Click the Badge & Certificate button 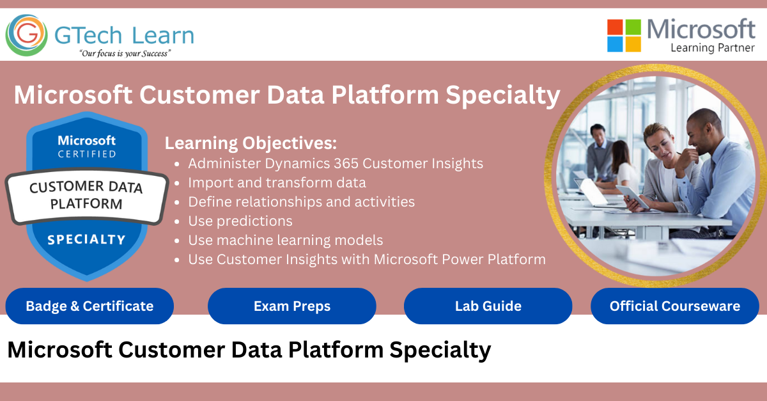pyautogui.click(x=89, y=306)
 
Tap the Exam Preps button pyautogui.click(x=292, y=306)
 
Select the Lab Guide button pyautogui.click(x=488, y=306)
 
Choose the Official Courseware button pyautogui.click(x=675, y=306)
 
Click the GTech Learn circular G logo pyautogui.click(x=27, y=35)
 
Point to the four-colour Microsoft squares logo pyautogui.click(x=624, y=35)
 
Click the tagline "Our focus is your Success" pyautogui.click(x=125, y=54)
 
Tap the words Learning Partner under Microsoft pyautogui.click(x=713, y=48)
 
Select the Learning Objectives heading pyautogui.click(x=251, y=143)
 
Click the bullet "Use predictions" pyautogui.click(x=240, y=221)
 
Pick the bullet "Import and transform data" pyautogui.click(x=277, y=183)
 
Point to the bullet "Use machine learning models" pyautogui.click(x=286, y=240)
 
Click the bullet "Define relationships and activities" pyautogui.click(x=301, y=202)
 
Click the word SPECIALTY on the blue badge pyautogui.click(x=87, y=240)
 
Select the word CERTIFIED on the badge pyautogui.click(x=87, y=154)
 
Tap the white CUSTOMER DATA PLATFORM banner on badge pyautogui.click(x=87, y=196)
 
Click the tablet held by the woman pyautogui.click(x=632, y=196)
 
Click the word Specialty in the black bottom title pyautogui.click(x=440, y=350)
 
